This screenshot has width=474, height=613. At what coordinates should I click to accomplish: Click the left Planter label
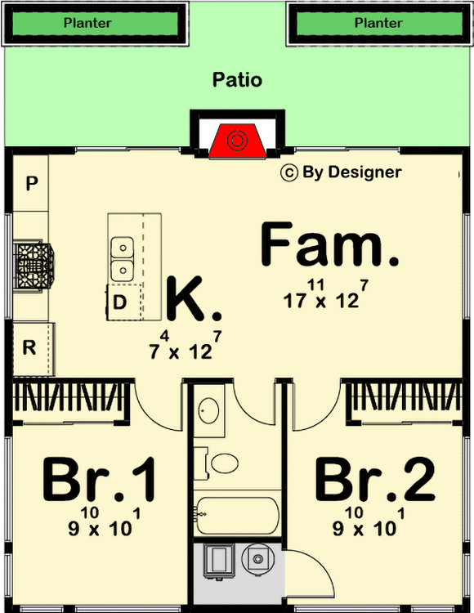click(x=87, y=23)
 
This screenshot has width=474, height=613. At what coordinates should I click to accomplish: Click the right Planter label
click(x=378, y=23)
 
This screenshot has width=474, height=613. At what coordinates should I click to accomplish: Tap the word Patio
click(x=237, y=80)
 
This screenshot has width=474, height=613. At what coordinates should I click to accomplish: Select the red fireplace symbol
click(x=237, y=141)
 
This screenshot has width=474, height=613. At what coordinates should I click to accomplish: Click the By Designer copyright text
click(x=341, y=172)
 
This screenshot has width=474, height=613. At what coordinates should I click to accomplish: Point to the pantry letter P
click(x=32, y=183)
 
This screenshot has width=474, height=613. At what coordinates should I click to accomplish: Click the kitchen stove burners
click(x=34, y=266)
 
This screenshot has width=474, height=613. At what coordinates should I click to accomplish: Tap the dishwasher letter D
click(x=119, y=302)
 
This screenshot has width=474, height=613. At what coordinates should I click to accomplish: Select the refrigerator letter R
click(x=29, y=347)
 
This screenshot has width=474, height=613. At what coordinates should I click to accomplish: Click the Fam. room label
click(x=329, y=244)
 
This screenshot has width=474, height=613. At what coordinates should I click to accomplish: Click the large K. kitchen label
click(x=195, y=298)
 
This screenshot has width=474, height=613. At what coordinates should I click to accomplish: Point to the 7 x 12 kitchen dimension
click(x=186, y=346)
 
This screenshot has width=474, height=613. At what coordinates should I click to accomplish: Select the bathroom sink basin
click(x=208, y=411)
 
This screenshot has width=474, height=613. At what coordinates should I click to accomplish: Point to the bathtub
click(x=238, y=515)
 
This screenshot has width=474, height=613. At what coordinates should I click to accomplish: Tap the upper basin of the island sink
click(x=123, y=248)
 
